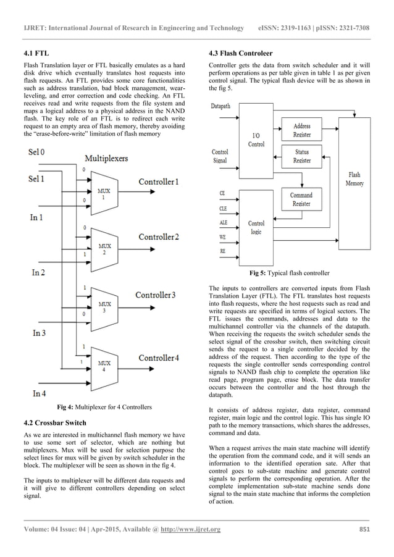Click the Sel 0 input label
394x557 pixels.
click(37, 151)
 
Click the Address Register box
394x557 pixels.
click(302, 130)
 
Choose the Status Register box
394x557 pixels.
click(302, 156)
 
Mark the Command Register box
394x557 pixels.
click(301, 199)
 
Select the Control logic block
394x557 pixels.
click(256, 227)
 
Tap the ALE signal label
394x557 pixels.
click(224, 223)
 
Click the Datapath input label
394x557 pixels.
click(221, 106)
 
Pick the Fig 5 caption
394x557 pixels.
click(289, 273)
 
